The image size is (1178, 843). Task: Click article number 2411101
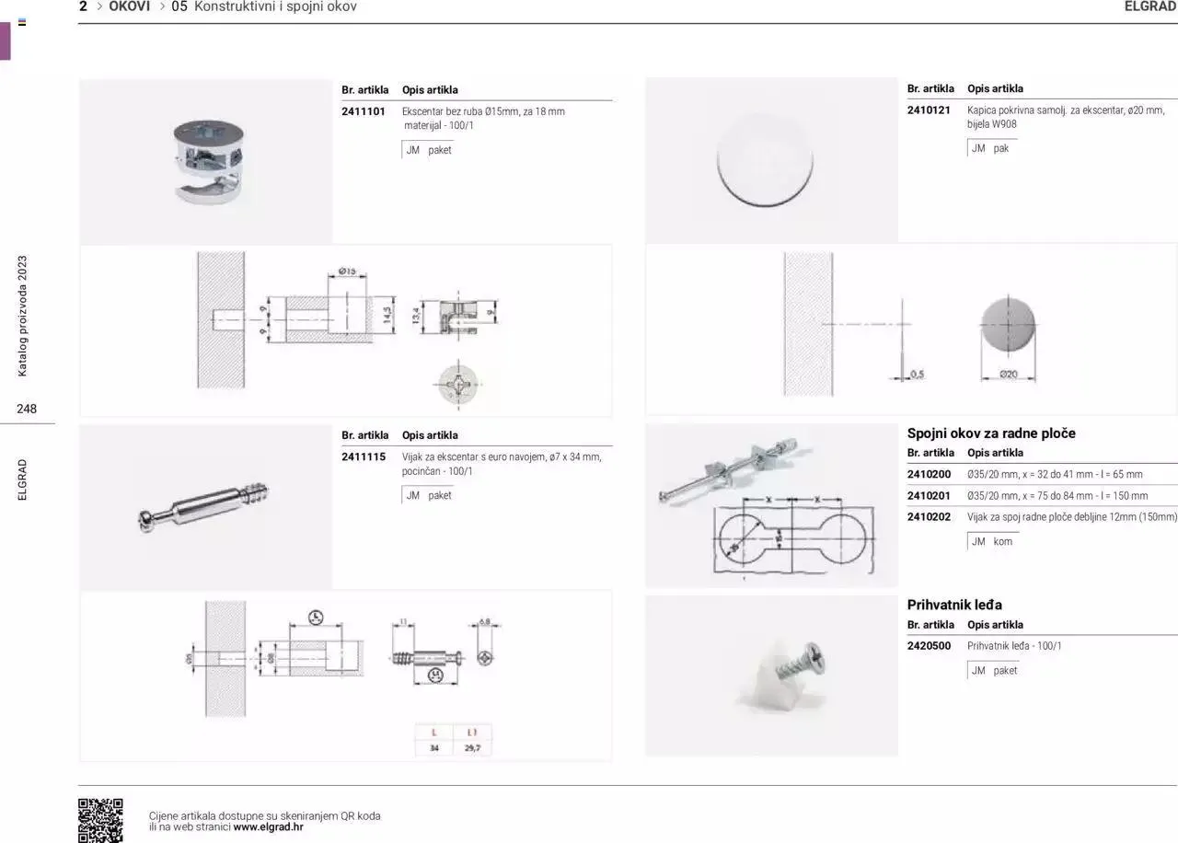tap(363, 111)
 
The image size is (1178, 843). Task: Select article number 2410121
tap(928, 110)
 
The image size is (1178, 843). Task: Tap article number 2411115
tap(363, 456)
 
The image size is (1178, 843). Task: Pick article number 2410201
tap(928, 495)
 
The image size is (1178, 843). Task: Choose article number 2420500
tap(928, 646)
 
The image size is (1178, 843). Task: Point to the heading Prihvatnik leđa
tap(953, 605)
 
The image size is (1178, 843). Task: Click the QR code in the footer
tap(100, 819)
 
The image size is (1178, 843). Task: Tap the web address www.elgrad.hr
tap(268, 826)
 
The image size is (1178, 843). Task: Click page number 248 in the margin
tap(27, 409)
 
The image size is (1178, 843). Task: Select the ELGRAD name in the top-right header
tap(1149, 6)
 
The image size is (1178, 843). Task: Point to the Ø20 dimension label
tap(1009, 374)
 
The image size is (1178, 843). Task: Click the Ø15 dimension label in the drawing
tap(347, 271)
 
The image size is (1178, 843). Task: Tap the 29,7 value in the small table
tap(472, 748)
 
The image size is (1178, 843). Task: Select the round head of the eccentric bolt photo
tap(146, 520)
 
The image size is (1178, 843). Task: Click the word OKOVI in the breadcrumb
tap(129, 6)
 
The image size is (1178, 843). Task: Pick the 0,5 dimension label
tap(917, 374)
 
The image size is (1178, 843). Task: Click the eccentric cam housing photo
tap(206, 157)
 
